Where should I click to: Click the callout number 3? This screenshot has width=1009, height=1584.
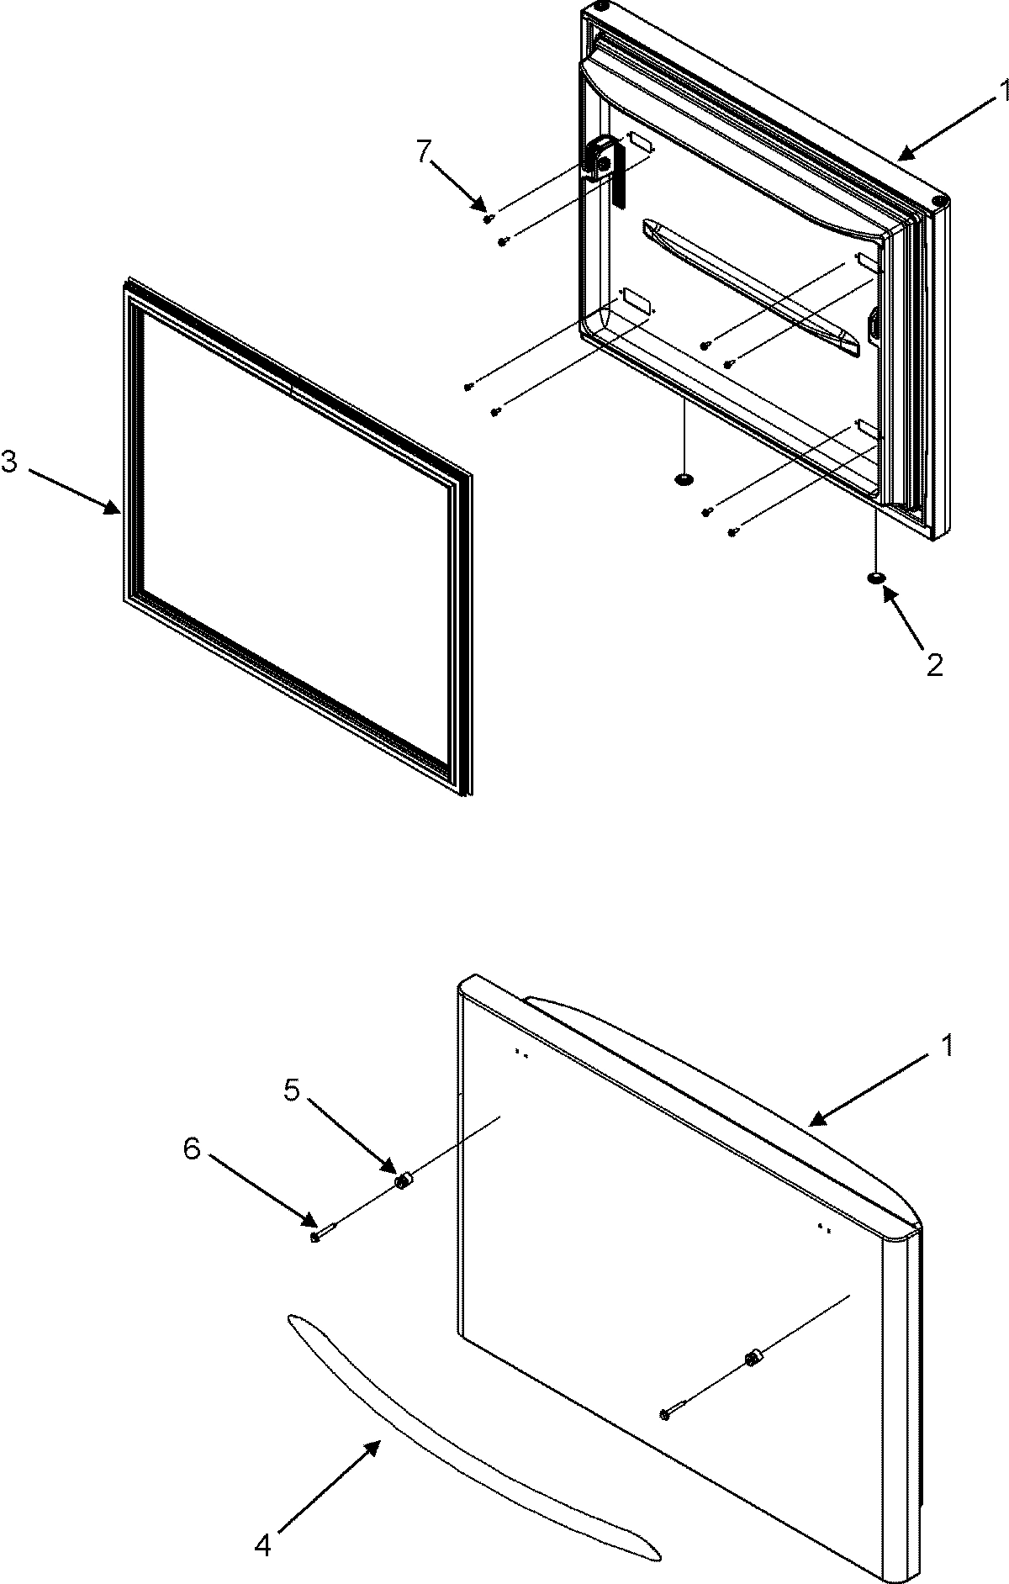point(9,462)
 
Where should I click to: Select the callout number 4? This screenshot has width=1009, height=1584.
point(263,1544)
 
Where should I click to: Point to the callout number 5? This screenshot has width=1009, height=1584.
point(291,1090)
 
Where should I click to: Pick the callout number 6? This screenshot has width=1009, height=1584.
point(192,1149)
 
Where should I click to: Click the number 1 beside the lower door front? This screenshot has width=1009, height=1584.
point(947,1046)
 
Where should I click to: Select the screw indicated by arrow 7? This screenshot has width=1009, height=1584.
point(488,219)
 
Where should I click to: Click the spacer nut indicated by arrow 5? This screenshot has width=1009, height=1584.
point(403,1182)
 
